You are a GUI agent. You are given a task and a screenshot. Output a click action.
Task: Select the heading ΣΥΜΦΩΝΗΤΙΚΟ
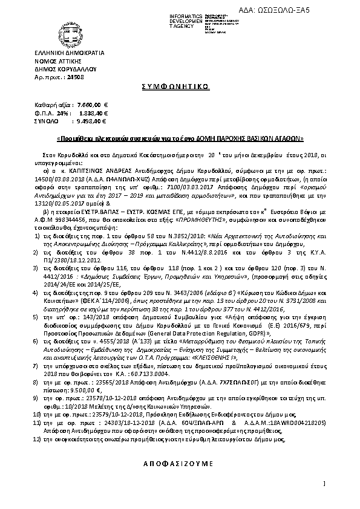(179, 86)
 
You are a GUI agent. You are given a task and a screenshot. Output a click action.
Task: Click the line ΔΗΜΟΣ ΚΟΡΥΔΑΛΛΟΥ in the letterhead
(64, 70)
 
